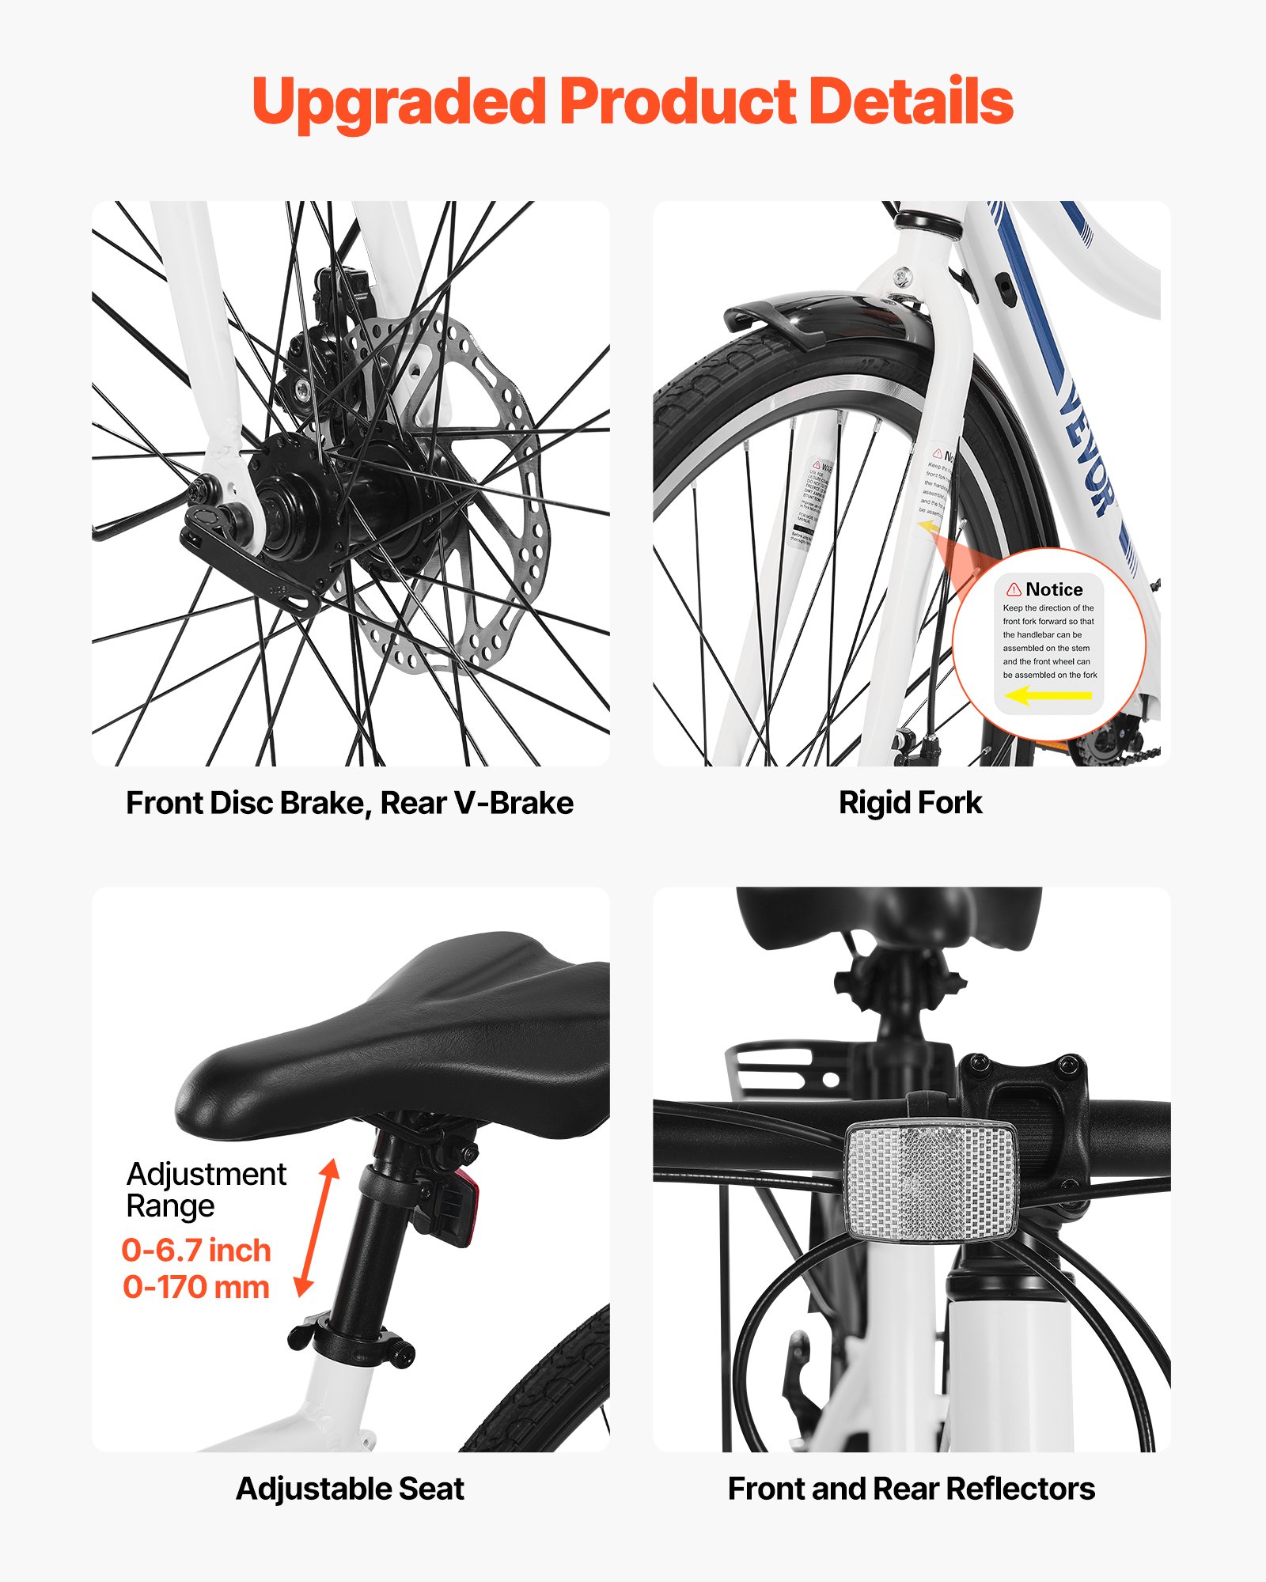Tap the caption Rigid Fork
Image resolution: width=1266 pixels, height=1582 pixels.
pos(910,803)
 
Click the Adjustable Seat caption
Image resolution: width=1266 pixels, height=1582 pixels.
pos(350,1489)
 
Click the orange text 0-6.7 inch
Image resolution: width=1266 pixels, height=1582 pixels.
pos(196,1251)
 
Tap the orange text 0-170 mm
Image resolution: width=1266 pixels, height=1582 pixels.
pos(196,1287)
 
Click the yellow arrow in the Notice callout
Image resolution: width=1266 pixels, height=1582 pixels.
pos(1048,695)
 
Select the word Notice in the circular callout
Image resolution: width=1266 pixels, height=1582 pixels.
pos(1054,589)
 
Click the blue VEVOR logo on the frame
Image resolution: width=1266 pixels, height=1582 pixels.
pos(1088,451)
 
